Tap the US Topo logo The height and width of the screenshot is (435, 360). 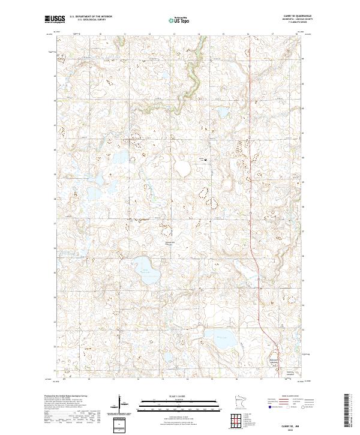pos(180,20)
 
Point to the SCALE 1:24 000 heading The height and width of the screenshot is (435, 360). pos(179,395)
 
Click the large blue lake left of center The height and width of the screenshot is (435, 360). pos(145,263)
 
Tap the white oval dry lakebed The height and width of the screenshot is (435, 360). pos(183,167)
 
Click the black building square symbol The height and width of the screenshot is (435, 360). pos(206,160)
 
